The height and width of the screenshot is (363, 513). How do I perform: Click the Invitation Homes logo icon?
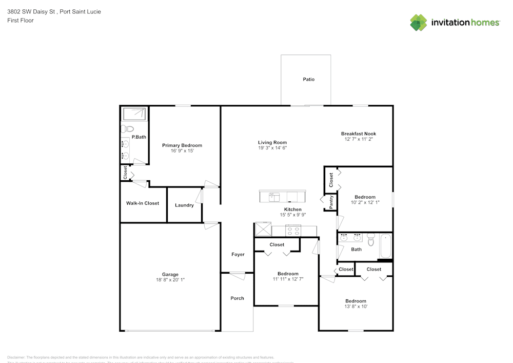pos(419,22)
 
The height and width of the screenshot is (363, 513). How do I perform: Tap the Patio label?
pos(308,80)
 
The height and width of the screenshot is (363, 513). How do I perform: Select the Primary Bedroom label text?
pos(182,145)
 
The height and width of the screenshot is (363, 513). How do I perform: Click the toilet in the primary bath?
pos(127,128)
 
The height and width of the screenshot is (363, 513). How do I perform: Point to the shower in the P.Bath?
pos(133,113)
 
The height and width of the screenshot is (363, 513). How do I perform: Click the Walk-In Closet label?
pos(143,203)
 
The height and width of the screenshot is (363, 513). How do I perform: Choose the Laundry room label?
pos(184,205)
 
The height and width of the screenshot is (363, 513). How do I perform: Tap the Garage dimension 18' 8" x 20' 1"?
pos(170,280)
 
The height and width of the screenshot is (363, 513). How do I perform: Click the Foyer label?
pos(238,255)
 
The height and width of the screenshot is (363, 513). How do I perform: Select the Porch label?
pos(237,298)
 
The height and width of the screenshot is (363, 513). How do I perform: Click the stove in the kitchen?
pos(292,231)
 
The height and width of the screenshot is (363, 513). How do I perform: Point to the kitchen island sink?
pos(273,197)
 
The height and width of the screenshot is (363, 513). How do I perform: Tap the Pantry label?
pos(331,202)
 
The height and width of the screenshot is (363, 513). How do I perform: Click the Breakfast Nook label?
pos(359,134)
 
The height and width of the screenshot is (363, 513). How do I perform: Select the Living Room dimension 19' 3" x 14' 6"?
pos(272,148)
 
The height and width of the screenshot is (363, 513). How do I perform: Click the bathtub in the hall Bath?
pos(386,246)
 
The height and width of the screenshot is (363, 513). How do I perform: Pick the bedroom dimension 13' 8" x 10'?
pos(356,307)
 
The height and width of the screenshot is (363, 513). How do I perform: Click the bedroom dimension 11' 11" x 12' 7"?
pos(288,279)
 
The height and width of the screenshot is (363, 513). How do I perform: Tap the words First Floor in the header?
pos(20,21)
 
